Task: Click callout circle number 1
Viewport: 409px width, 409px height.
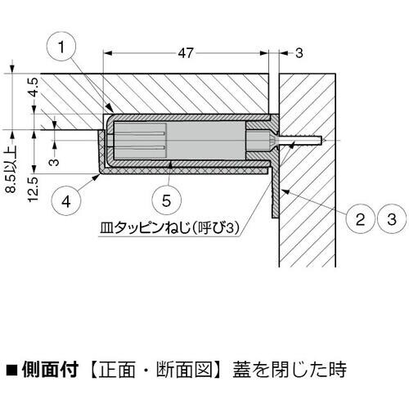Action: pos(61,47)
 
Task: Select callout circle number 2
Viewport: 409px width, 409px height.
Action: pos(361,219)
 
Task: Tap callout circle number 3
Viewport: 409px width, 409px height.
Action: pos(392,219)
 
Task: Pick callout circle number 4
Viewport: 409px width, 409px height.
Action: pos(66,202)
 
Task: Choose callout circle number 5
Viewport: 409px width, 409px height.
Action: pos(166,201)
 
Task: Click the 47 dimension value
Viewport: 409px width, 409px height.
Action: pos(186,53)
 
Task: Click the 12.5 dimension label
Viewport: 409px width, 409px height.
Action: pos(34,189)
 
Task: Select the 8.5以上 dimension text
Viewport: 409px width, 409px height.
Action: pos(11,169)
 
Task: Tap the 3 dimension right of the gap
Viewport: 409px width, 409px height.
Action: pos(299,53)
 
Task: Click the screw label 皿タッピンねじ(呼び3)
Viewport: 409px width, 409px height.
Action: pos(169,227)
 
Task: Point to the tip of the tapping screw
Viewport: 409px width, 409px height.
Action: pos(325,141)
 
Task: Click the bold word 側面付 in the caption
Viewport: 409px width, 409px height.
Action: pos(51,370)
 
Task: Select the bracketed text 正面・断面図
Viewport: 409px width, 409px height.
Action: pos(155,370)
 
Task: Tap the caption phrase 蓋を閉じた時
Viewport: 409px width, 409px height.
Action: pos(290,370)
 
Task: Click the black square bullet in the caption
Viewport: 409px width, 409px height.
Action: pos(11,371)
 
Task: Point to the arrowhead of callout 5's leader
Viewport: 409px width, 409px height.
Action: pos(171,164)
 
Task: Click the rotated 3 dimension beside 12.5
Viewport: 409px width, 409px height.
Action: pos(55,162)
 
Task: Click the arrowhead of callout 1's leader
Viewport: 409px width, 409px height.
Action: pos(110,108)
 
